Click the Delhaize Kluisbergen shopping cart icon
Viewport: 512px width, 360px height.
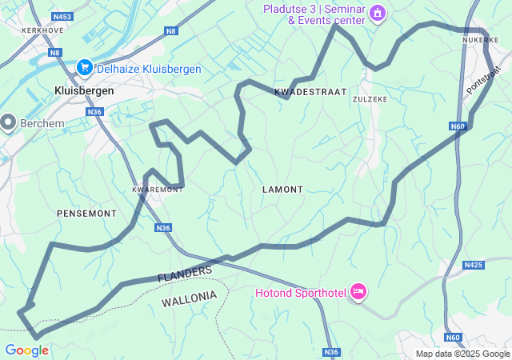84,69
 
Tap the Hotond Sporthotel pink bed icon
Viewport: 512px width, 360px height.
358,293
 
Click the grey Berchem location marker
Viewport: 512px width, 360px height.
9,122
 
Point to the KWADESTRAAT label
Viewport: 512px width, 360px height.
310,93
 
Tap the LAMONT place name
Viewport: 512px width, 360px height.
282,190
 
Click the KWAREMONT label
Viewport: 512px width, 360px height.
158,190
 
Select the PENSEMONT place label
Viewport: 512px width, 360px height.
86,214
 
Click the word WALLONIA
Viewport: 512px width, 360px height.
189,299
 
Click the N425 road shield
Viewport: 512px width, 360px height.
474,265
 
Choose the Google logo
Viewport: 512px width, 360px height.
26,350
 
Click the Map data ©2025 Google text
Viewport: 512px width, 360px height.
462,354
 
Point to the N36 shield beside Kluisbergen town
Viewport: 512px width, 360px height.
95,112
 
